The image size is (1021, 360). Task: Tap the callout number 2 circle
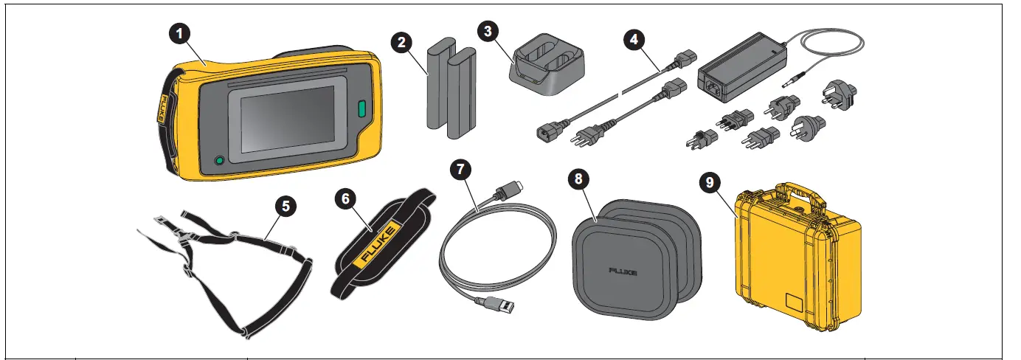(401, 42)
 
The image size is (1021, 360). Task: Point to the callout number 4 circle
(632, 39)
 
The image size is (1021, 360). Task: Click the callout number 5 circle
(283, 206)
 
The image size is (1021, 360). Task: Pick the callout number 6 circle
(345, 198)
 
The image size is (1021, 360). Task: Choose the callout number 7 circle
(461, 170)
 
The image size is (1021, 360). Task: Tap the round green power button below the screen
(218, 161)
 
